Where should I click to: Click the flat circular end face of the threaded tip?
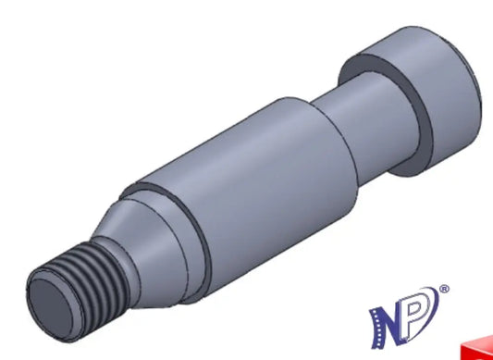point(53,309)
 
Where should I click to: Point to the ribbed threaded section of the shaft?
point(94,283)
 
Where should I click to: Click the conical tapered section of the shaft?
point(148,252)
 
